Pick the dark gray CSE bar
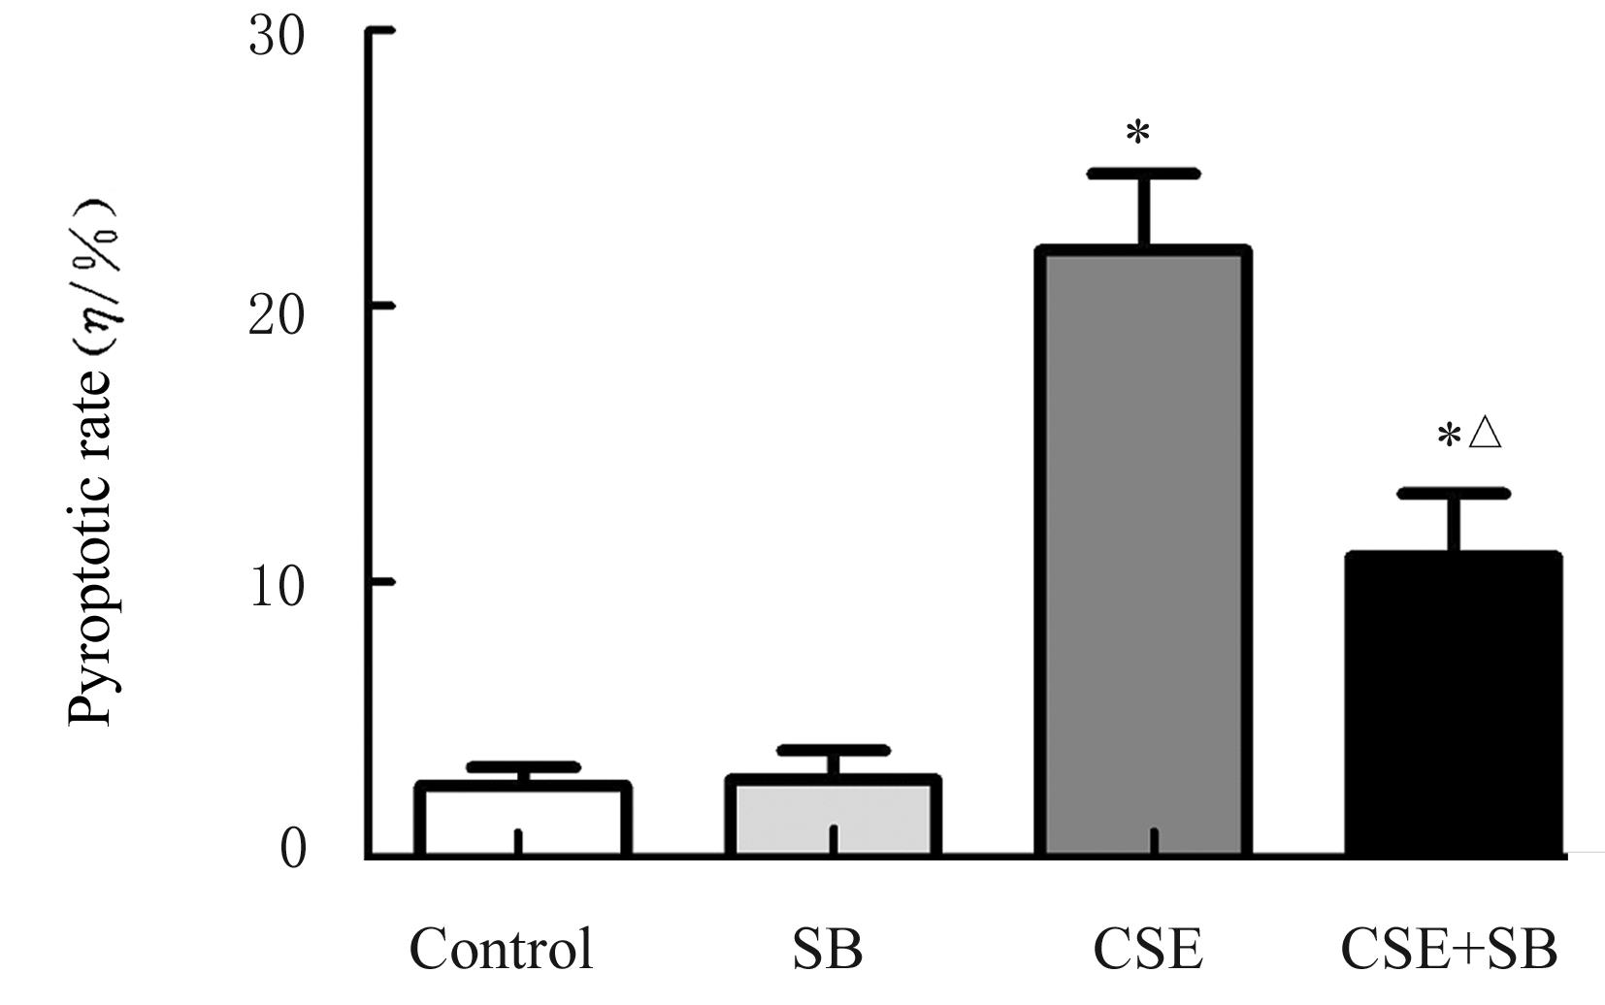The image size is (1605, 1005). (1143, 553)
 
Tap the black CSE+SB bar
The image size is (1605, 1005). (1453, 704)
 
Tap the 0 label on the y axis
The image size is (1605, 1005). (292, 848)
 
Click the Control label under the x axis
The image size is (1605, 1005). (501, 949)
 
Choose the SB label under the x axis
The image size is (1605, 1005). (827, 949)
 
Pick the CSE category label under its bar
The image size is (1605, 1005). (1148, 949)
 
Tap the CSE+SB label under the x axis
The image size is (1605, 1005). (1449, 949)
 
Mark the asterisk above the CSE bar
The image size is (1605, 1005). (1137, 133)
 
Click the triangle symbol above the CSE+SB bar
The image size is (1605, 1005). (1485, 433)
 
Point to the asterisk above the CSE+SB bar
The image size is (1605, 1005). (1448, 437)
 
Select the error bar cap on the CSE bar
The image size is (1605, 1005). (1143, 174)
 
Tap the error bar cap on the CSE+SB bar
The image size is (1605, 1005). (1453, 494)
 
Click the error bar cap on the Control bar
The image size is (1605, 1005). (523, 767)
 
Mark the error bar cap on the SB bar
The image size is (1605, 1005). (833, 750)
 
